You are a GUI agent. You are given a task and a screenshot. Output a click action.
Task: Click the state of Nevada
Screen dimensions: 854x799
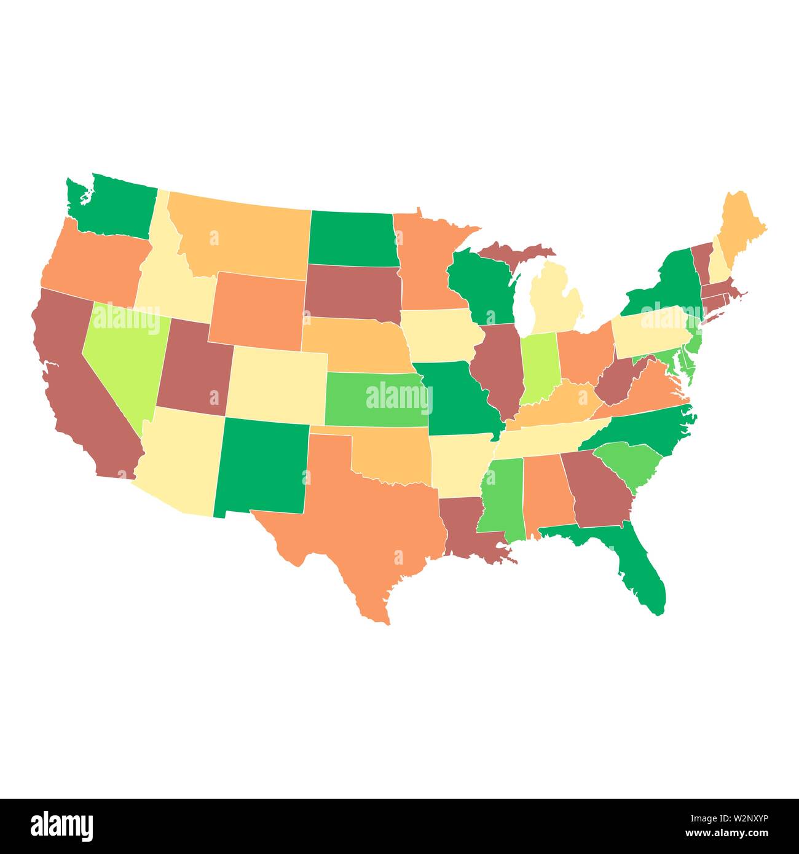[123, 356]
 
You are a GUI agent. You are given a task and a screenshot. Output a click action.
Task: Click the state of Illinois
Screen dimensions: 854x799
[501, 369]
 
